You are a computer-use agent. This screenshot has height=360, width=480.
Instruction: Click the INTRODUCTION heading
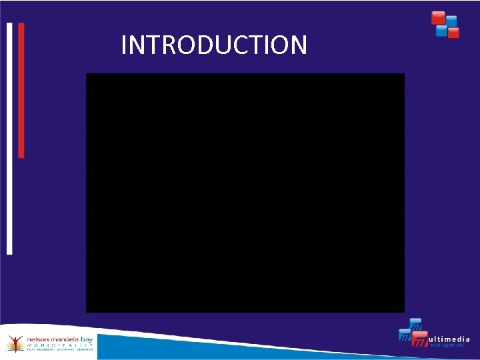pyautogui.click(x=214, y=45)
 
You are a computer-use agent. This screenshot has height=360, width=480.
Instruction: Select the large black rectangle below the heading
pyautogui.click(x=245, y=193)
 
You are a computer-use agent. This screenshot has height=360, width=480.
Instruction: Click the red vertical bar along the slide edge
pyautogui.click(x=21, y=90)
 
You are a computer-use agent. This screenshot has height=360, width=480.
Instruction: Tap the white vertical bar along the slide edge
pyautogui.click(x=9, y=139)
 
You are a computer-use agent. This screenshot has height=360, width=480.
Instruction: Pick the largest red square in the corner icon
pyautogui.click(x=438, y=18)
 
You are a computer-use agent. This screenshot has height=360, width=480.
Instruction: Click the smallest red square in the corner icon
pyautogui.click(x=453, y=33)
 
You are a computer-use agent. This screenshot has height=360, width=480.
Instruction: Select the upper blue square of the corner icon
pyautogui.click(x=451, y=21)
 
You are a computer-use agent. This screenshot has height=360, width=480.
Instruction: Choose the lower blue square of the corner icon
pyautogui.click(x=441, y=29)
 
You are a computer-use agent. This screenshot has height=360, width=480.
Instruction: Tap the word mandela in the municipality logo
pyautogui.click(x=63, y=340)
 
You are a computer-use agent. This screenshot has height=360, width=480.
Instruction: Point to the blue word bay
pyautogui.click(x=87, y=339)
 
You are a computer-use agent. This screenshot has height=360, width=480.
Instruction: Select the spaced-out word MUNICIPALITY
pyautogui.click(x=60, y=346)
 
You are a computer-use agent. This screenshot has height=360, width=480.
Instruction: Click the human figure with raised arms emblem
pyautogui.click(x=13, y=343)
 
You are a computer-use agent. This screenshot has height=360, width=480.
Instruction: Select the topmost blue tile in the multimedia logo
pyautogui.click(x=415, y=325)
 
